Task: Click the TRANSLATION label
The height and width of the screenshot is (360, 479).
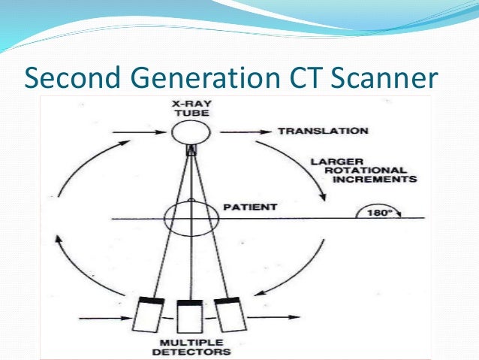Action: pyautogui.click(x=323, y=131)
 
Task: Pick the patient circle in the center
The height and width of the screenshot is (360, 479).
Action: pyautogui.click(x=191, y=218)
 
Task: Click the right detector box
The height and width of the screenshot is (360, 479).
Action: pyautogui.click(x=228, y=316)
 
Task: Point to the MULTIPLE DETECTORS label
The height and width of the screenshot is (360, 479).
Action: pyautogui.click(x=196, y=347)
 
